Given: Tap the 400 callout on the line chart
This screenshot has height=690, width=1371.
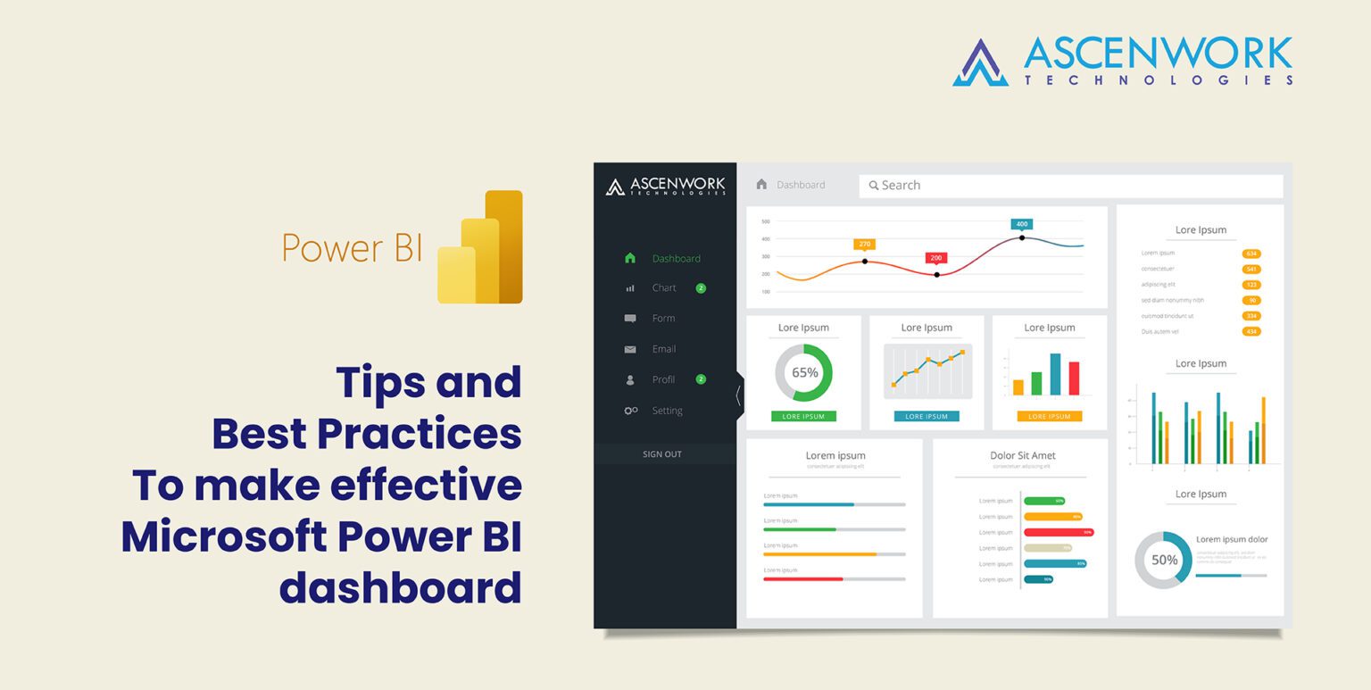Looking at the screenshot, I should (1022, 224).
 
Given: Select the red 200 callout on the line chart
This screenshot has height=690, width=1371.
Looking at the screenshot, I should (935, 258).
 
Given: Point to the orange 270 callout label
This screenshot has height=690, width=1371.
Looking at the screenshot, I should (864, 244).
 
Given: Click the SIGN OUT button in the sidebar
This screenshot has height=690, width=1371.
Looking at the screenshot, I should (662, 454).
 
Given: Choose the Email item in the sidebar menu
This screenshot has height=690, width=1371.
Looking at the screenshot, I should (663, 349).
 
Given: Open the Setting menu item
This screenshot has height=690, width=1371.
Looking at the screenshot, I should (667, 411).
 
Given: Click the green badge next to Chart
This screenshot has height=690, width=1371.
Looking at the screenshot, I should (701, 288).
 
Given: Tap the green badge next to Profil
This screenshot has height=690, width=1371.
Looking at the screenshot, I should (701, 379).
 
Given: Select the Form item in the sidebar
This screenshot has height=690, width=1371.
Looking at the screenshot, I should (663, 319).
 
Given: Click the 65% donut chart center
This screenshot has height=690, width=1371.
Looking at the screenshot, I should (804, 372).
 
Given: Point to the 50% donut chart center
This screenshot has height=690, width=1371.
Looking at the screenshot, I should (1164, 561).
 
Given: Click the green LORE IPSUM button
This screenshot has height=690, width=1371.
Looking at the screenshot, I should (803, 417).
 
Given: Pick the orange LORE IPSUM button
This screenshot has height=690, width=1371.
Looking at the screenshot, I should (1049, 417).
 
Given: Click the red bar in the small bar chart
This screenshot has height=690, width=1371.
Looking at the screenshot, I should (1074, 378).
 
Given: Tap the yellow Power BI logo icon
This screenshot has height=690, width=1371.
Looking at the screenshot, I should (480, 248).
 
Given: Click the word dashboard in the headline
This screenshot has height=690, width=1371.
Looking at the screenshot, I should (400, 588).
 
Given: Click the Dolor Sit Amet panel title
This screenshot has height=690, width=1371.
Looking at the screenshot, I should (1022, 456).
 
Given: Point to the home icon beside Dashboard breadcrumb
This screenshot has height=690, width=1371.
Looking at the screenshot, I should (761, 185).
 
